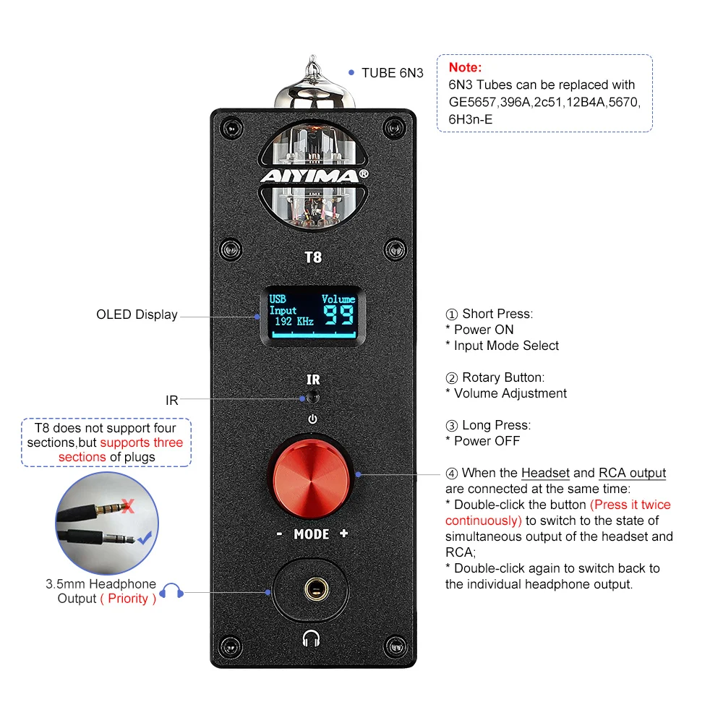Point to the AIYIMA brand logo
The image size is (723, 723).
(x=313, y=176)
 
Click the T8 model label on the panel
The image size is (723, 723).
(x=313, y=256)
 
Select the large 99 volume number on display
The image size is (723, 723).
(x=338, y=315)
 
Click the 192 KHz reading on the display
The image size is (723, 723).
(x=294, y=321)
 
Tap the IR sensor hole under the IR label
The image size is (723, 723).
(x=312, y=397)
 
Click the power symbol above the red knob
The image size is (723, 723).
(x=312, y=419)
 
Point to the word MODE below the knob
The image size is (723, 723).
(x=312, y=534)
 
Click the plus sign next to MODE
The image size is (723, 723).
(x=343, y=534)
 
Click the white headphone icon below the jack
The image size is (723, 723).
(x=312, y=638)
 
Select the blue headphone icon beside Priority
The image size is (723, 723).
(x=171, y=591)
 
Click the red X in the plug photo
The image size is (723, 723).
(x=128, y=505)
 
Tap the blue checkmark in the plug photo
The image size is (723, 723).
(x=144, y=537)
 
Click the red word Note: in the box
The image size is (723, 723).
(x=465, y=67)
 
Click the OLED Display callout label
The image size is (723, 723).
(x=137, y=315)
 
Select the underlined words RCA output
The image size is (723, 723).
(x=632, y=473)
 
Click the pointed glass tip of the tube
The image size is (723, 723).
(x=312, y=65)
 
